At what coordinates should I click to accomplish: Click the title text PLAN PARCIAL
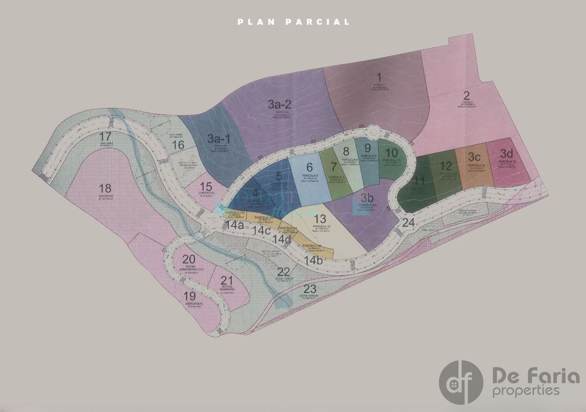(293, 22)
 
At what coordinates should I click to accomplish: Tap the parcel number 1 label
(378, 77)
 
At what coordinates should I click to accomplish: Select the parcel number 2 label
(466, 96)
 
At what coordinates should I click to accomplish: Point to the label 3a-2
(280, 104)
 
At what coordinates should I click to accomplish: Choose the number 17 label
(105, 136)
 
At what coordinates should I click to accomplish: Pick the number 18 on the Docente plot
(105, 188)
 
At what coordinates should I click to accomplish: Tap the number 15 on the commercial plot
(206, 187)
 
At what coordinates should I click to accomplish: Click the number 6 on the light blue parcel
(310, 168)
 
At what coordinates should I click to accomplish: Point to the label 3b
(367, 198)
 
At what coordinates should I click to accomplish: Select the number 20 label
(188, 260)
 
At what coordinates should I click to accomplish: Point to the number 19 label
(189, 296)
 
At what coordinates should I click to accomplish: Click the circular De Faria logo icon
(461, 382)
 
